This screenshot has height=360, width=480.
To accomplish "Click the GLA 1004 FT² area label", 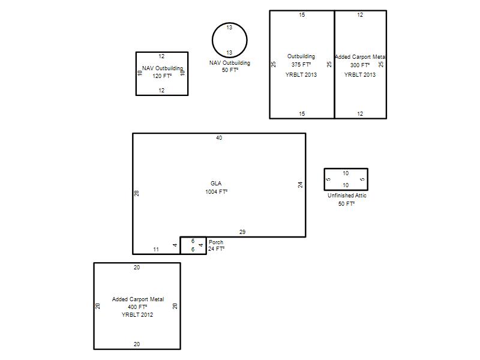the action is click(x=217, y=188).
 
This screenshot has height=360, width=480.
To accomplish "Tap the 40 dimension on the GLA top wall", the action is click(x=219, y=138).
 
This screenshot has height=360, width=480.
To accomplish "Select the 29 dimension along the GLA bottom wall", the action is click(x=242, y=232).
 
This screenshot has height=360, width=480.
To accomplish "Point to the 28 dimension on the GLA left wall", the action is click(x=137, y=193).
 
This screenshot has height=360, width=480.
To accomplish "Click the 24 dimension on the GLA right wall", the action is click(x=301, y=185).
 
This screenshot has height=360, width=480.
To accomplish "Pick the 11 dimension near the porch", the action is click(x=156, y=250).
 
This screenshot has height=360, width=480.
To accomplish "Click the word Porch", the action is click(x=216, y=242).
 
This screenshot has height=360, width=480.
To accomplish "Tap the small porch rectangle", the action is click(x=181, y=245).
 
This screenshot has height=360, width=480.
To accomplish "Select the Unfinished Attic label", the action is click(x=347, y=196).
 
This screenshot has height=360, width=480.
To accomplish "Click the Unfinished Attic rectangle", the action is click(x=324, y=179).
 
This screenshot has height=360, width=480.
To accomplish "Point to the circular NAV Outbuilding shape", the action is click(x=212, y=40).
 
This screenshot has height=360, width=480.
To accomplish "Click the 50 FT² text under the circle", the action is click(x=230, y=70).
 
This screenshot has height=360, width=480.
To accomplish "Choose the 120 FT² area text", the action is click(x=162, y=76).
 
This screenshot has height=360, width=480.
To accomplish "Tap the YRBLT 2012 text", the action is click(x=137, y=314).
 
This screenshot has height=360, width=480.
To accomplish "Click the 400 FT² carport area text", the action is click(x=137, y=307).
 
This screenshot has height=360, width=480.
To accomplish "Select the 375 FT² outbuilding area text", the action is click(x=301, y=65).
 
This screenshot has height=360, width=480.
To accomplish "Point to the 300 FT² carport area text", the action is click(x=360, y=65).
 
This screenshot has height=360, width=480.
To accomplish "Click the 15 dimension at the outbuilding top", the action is click(x=302, y=14).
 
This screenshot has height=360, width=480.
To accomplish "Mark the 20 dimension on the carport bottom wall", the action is click(x=137, y=344).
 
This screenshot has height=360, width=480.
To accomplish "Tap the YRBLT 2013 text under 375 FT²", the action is click(x=301, y=74).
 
